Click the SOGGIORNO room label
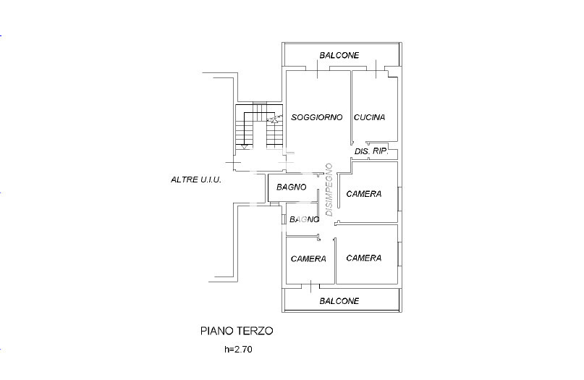[x=316, y=117]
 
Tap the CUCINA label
[x=369, y=117]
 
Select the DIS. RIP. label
[x=371, y=151]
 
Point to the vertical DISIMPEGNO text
[x=329, y=190]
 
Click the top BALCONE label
[x=339, y=56]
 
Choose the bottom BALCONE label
[x=339, y=301]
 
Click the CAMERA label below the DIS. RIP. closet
[x=363, y=194]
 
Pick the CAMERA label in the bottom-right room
[x=363, y=258]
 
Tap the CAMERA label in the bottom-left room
[x=308, y=258]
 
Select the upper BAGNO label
[x=291, y=187]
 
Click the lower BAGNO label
[x=304, y=219]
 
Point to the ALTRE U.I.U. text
[x=196, y=180]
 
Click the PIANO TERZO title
[x=237, y=331]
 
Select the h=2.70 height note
[x=238, y=350]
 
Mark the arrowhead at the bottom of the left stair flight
[x=244, y=147]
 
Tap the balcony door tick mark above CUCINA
[x=376, y=69]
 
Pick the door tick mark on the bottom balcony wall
[x=311, y=286]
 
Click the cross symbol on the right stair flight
[x=274, y=119]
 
